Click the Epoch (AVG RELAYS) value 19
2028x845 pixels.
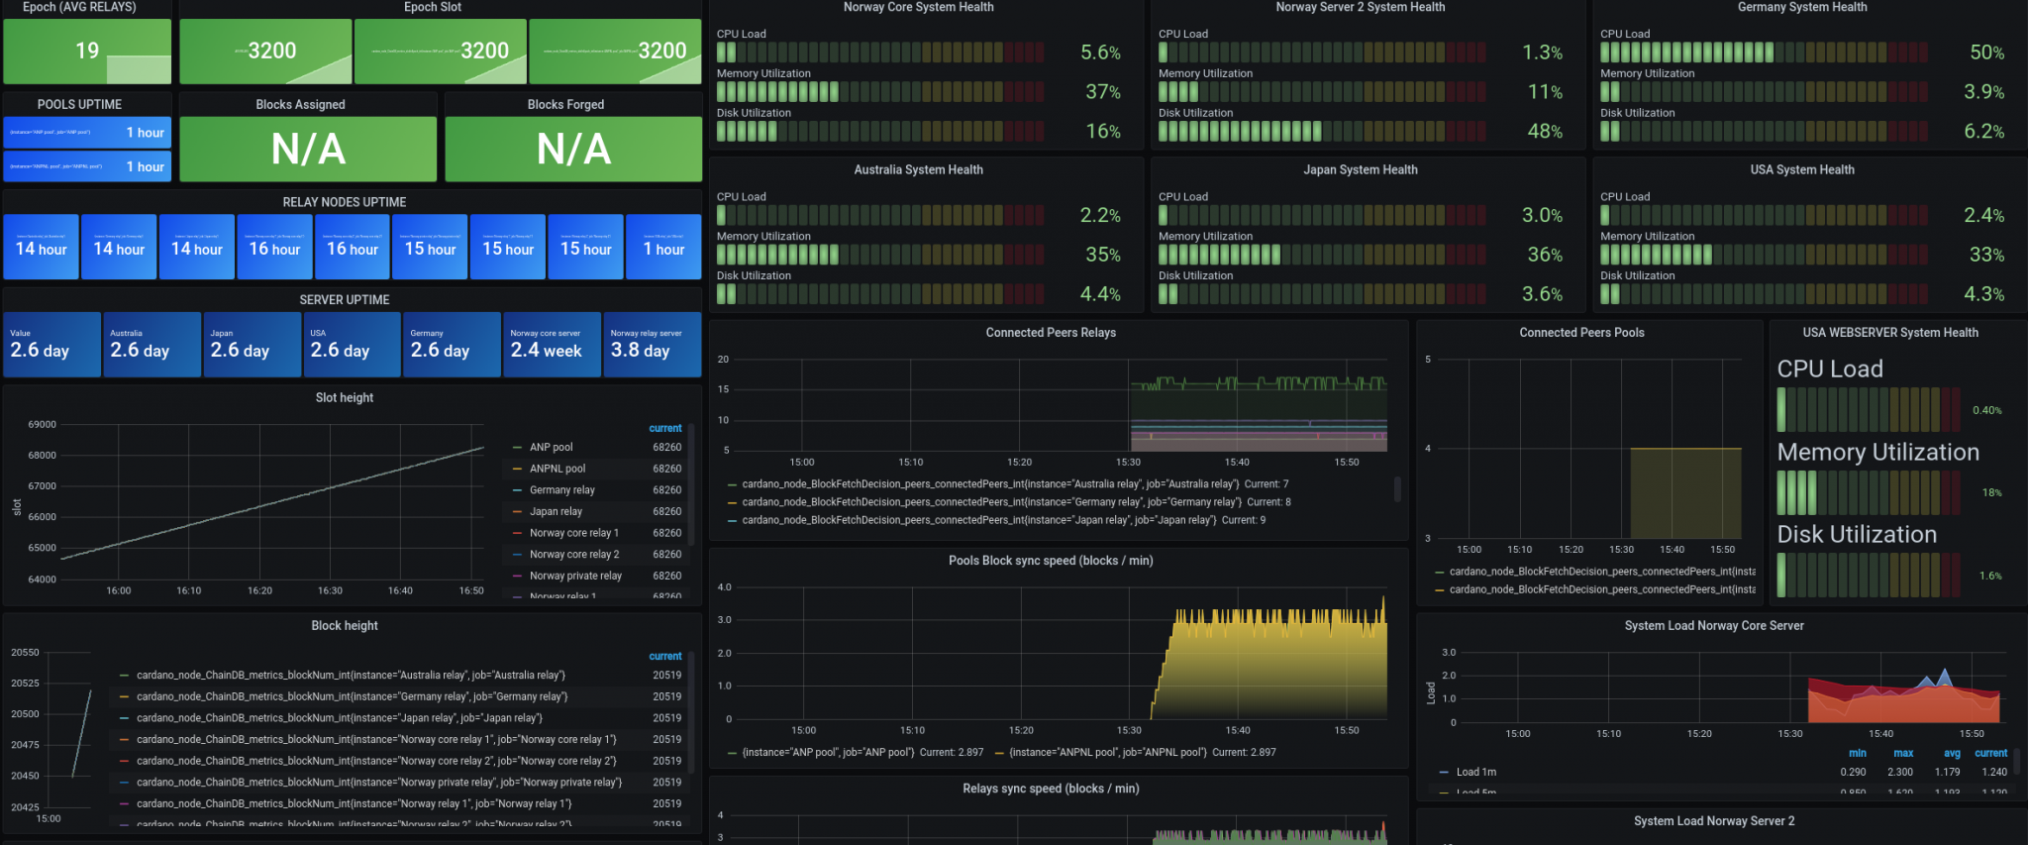[87, 51]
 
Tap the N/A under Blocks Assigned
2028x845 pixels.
[308, 150]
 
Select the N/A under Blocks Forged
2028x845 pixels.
[573, 150]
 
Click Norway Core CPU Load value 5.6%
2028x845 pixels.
[1100, 53]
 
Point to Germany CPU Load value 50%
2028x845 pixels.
[1986, 53]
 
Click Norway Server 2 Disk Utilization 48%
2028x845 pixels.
[1544, 132]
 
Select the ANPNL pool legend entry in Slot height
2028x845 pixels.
[558, 469]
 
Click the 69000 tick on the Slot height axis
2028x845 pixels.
[43, 424]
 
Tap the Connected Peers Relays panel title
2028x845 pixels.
[1050, 333]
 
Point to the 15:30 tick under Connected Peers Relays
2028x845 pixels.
[1128, 463]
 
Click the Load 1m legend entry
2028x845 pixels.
[1475, 772]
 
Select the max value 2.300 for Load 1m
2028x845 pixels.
[1899, 772]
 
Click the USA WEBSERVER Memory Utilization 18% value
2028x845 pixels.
[1991, 492]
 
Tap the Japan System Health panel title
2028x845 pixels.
[1360, 170]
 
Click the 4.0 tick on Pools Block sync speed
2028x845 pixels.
[724, 587]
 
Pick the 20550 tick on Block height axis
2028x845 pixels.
[26, 652]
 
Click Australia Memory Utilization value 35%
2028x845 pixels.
[1102, 255]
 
